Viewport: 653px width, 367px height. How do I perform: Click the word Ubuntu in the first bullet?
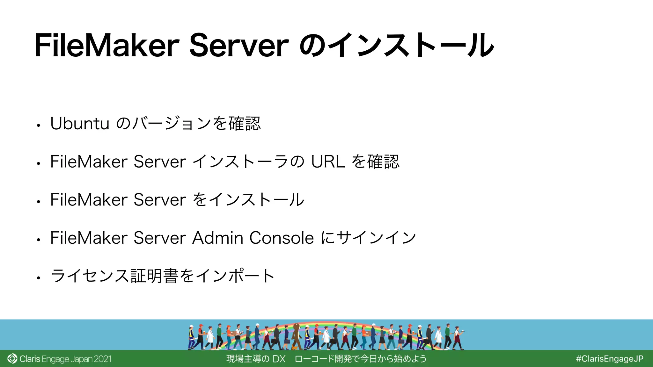[x=80, y=124]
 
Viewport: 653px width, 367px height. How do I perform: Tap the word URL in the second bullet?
[x=328, y=162]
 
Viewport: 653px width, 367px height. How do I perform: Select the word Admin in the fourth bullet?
[x=218, y=238]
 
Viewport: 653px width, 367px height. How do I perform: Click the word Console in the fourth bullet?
[x=282, y=238]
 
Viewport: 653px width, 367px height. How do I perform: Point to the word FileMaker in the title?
[x=107, y=46]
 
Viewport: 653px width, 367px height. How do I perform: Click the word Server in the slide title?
[x=239, y=46]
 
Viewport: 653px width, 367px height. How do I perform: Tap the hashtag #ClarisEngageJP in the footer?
[x=609, y=359]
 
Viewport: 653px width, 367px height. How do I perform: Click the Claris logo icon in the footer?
[x=12, y=359]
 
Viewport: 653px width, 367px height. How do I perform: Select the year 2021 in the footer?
[x=103, y=359]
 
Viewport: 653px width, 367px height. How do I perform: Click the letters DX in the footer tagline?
[x=279, y=359]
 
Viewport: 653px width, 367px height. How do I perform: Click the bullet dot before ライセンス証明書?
[x=38, y=278]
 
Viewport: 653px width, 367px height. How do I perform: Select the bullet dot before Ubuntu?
[x=38, y=126]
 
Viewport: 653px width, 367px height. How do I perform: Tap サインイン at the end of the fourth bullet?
[x=376, y=238]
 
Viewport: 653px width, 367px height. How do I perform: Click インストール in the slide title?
[x=411, y=46]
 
